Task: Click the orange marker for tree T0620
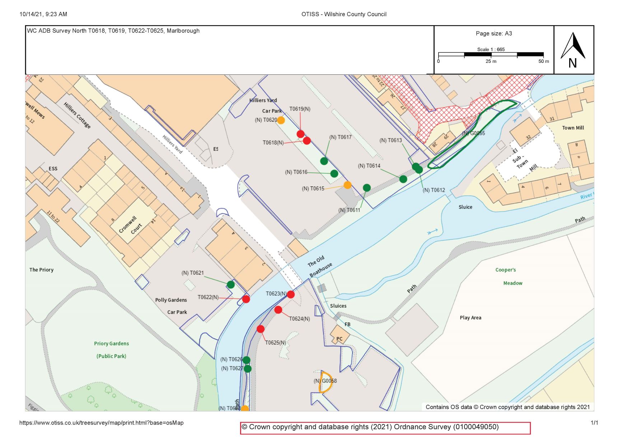[281, 120]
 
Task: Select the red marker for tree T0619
[301, 134]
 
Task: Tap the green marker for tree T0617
[324, 161]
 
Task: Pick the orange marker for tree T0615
[347, 185]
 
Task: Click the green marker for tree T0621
[231, 285]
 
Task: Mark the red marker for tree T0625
[261, 329]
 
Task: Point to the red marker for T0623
[291, 294]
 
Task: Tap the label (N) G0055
[473, 133]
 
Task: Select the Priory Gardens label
[111, 344]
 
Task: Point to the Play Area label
[470, 318]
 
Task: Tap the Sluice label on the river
[465, 207]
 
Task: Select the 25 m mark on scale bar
[491, 61]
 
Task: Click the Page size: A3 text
[494, 33]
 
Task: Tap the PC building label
[340, 339]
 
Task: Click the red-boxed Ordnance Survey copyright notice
[385, 428]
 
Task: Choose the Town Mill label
[573, 128]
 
